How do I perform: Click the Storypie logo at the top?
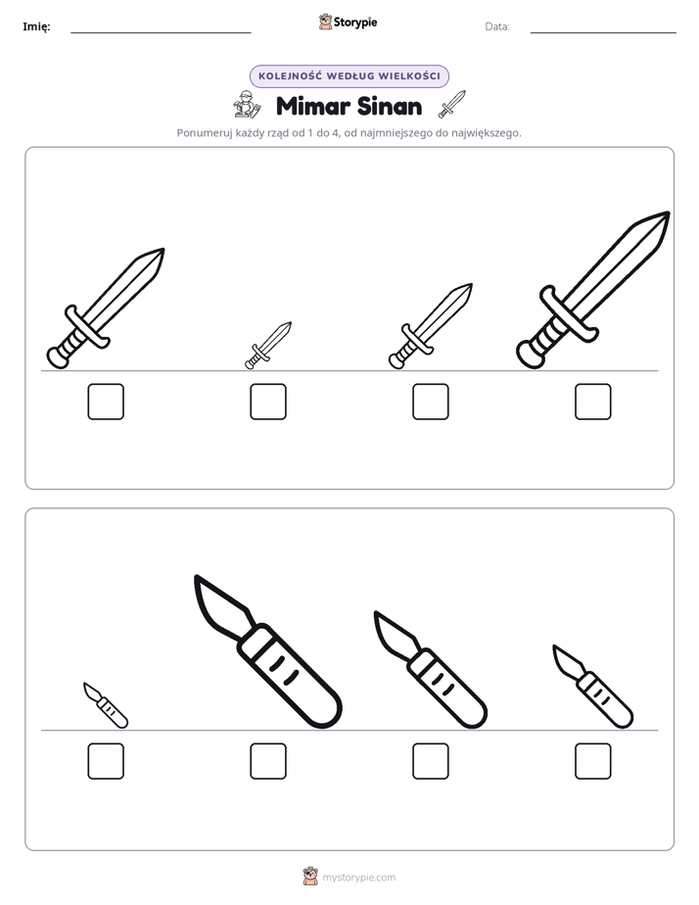(348, 22)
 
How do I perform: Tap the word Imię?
(36, 26)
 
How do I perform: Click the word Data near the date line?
(497, 26)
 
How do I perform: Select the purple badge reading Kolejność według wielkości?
(349, 76)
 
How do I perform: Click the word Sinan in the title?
(390, 106)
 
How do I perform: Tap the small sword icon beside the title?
(451, 104)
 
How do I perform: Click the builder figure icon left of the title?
(247, 105)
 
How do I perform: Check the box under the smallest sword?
(268, 402)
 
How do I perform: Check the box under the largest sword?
(593, 402)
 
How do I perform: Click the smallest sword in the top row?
(268, 346)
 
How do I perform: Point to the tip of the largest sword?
(669, 213)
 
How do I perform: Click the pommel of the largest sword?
(530, 355)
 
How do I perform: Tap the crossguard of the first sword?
(87, 327)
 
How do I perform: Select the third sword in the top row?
(431, 326)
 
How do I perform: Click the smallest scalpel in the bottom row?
(106, 705)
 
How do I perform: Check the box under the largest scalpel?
(268, 761)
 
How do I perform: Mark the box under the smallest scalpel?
(106, 761)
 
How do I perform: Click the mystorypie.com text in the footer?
(358, 878)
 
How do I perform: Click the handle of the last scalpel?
(606, 699)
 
